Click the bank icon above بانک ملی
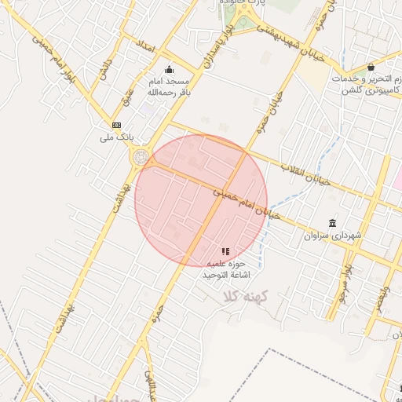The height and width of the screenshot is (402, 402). point(117,125)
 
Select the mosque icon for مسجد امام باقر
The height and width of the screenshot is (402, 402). point(169,69)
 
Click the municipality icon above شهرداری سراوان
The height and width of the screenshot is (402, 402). point(333,223)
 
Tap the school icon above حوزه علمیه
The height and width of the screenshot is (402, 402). point(226,251)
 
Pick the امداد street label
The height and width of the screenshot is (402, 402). point(146,45)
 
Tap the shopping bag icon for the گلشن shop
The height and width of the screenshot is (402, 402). point(370,67)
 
